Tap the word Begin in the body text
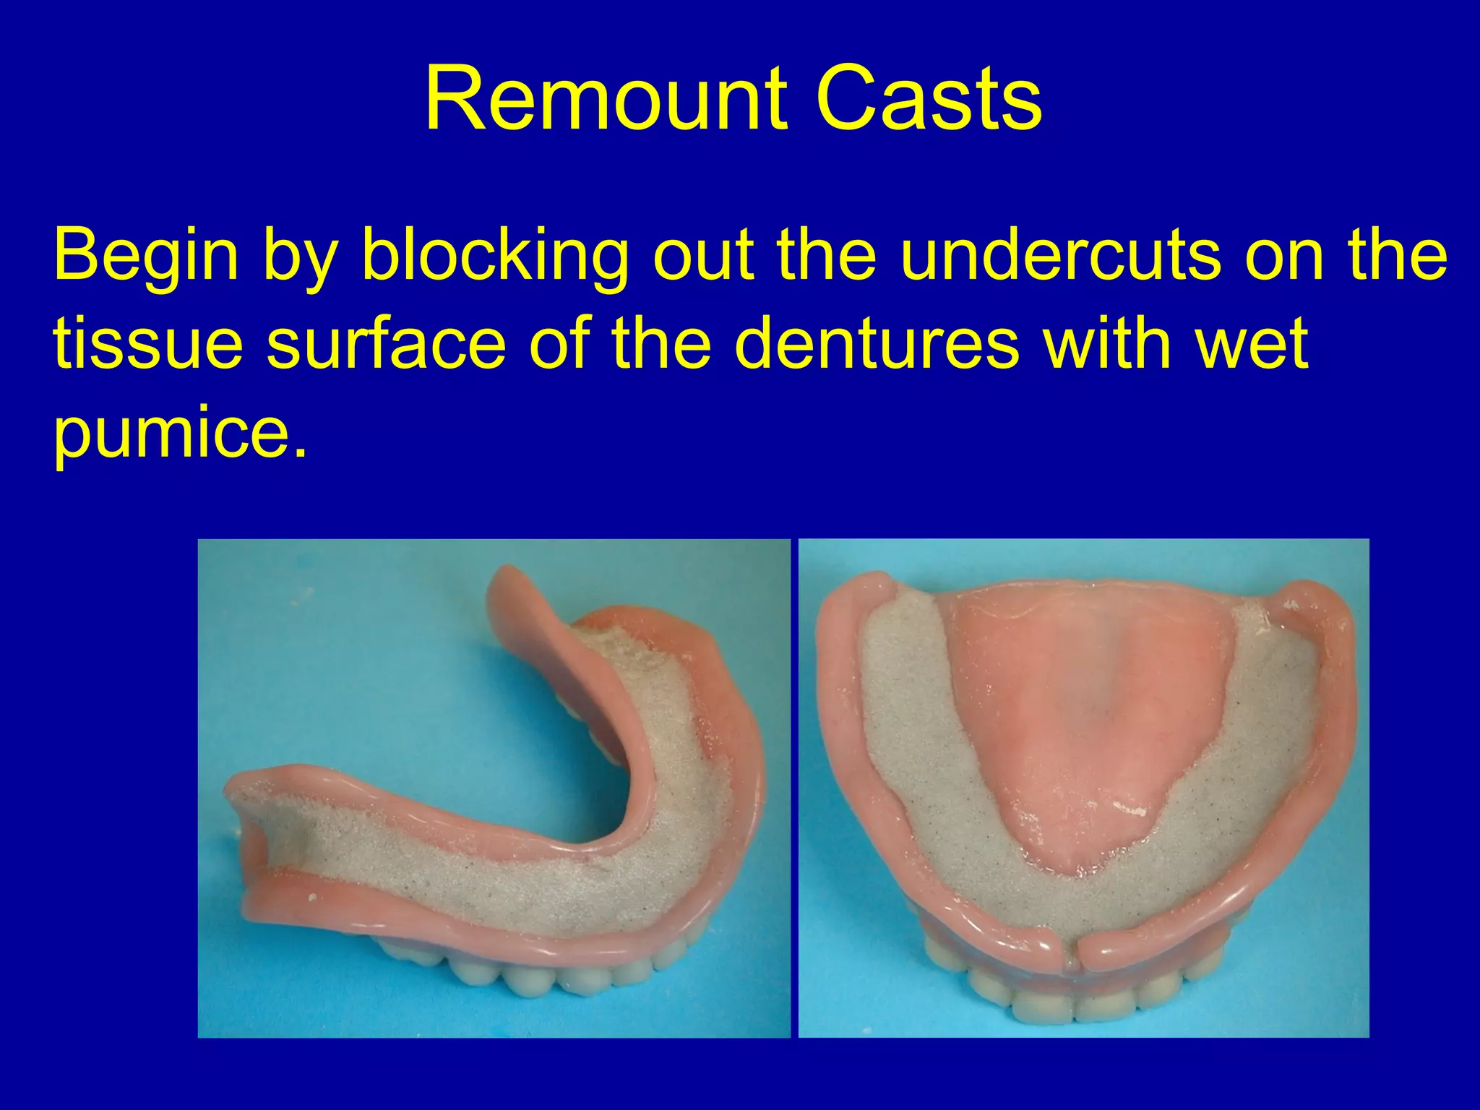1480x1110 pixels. [145, 257]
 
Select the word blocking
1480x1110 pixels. [494, 257]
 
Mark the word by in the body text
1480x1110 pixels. [300, 257]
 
